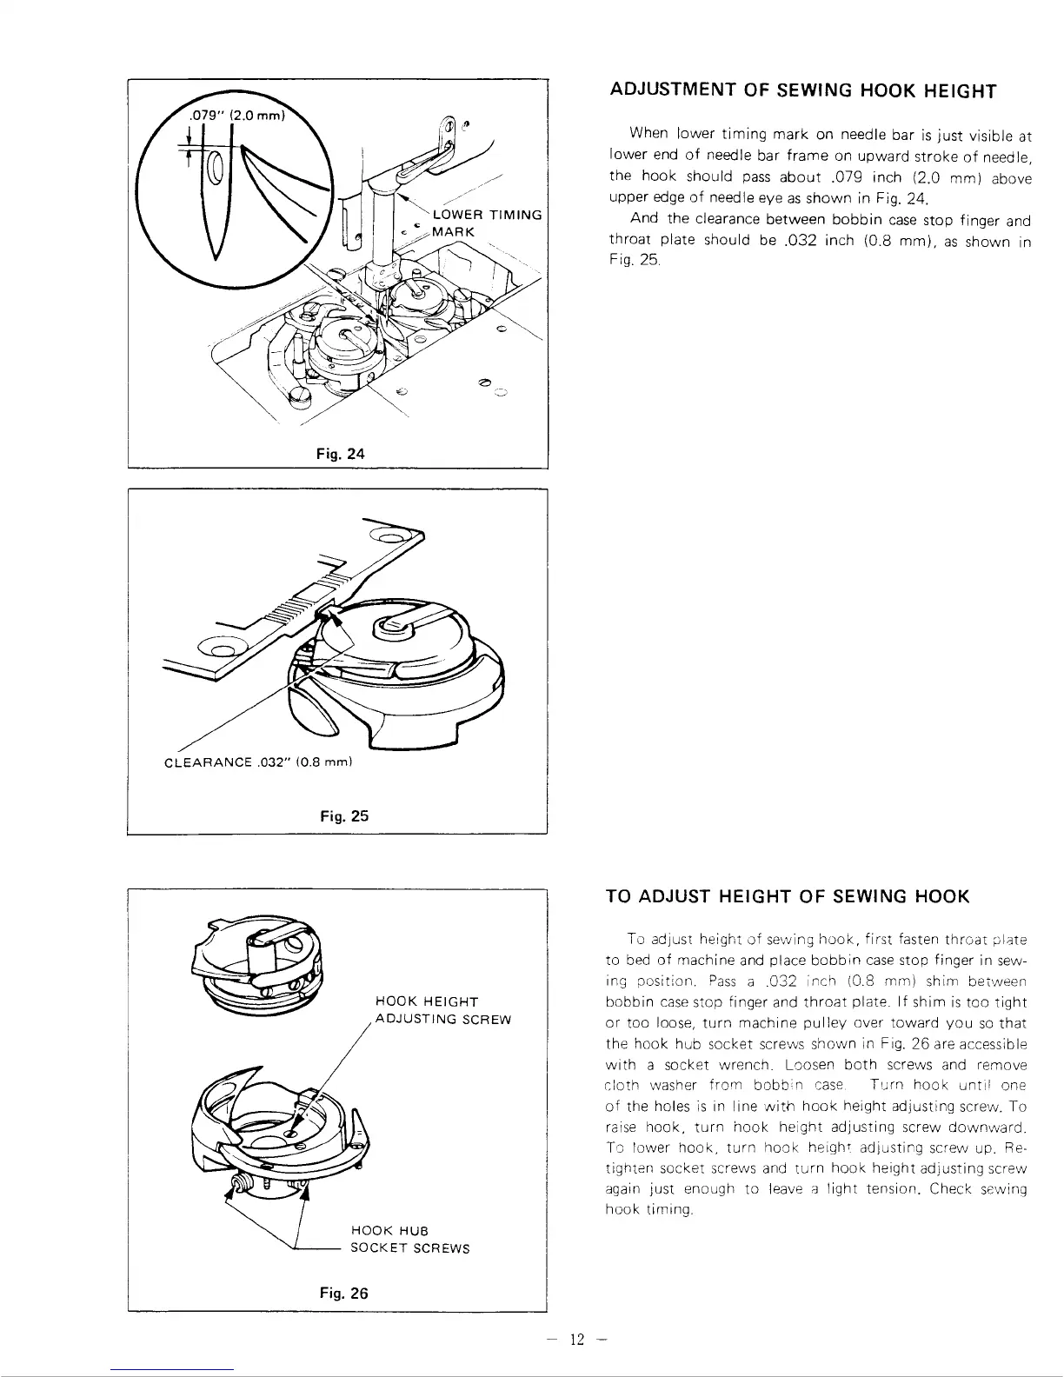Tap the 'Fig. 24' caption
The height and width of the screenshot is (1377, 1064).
pyautogui.click(x=342, y=453)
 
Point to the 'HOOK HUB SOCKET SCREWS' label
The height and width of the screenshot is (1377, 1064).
pyautogui.click(x=409, y=1240)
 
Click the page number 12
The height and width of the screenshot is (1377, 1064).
pyautogui.click(x=575, y=1339)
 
